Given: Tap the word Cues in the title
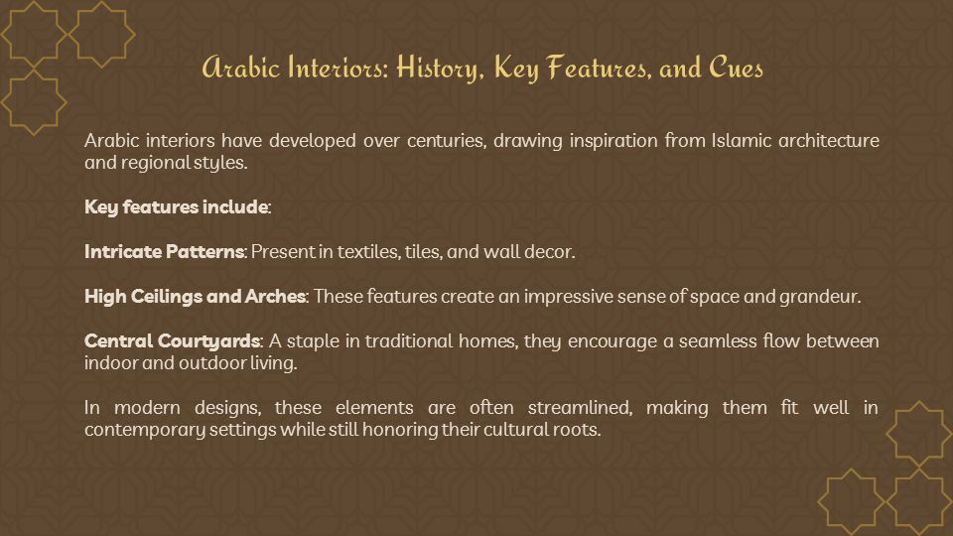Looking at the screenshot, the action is pyautogui.click(x=736, y=67).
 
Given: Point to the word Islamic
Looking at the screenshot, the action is pyautogui.click(x=742, y=140).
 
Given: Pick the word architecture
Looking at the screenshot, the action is pyautogui.click(x=828, y=140).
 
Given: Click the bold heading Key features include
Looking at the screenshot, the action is pyautogui.click(x=177, y=207).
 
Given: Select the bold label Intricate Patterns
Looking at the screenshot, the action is pyautogui.click(x=164, y=251).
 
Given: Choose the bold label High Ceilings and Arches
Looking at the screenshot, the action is pyautogui.click(x=196, y=297).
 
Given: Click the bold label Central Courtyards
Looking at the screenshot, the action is pyautogui.click(x=173, y=340).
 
